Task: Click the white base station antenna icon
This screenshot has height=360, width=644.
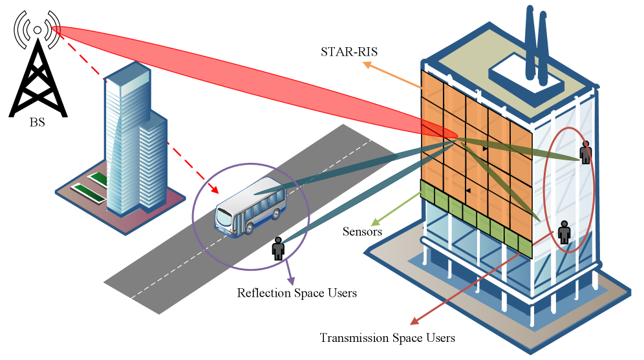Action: click(x=38, y=30)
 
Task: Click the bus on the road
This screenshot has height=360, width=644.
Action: click(x=251, y=207)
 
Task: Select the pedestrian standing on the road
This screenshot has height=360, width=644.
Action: click(x=278, y=248)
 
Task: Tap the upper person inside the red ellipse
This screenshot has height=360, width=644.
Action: click(x=586, y=153)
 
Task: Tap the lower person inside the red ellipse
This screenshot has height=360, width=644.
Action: click(x=564, y=232)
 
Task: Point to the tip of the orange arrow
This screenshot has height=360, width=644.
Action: click(x=364, y=63)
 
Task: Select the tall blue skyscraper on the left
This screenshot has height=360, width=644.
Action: click(x=133, y=142)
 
